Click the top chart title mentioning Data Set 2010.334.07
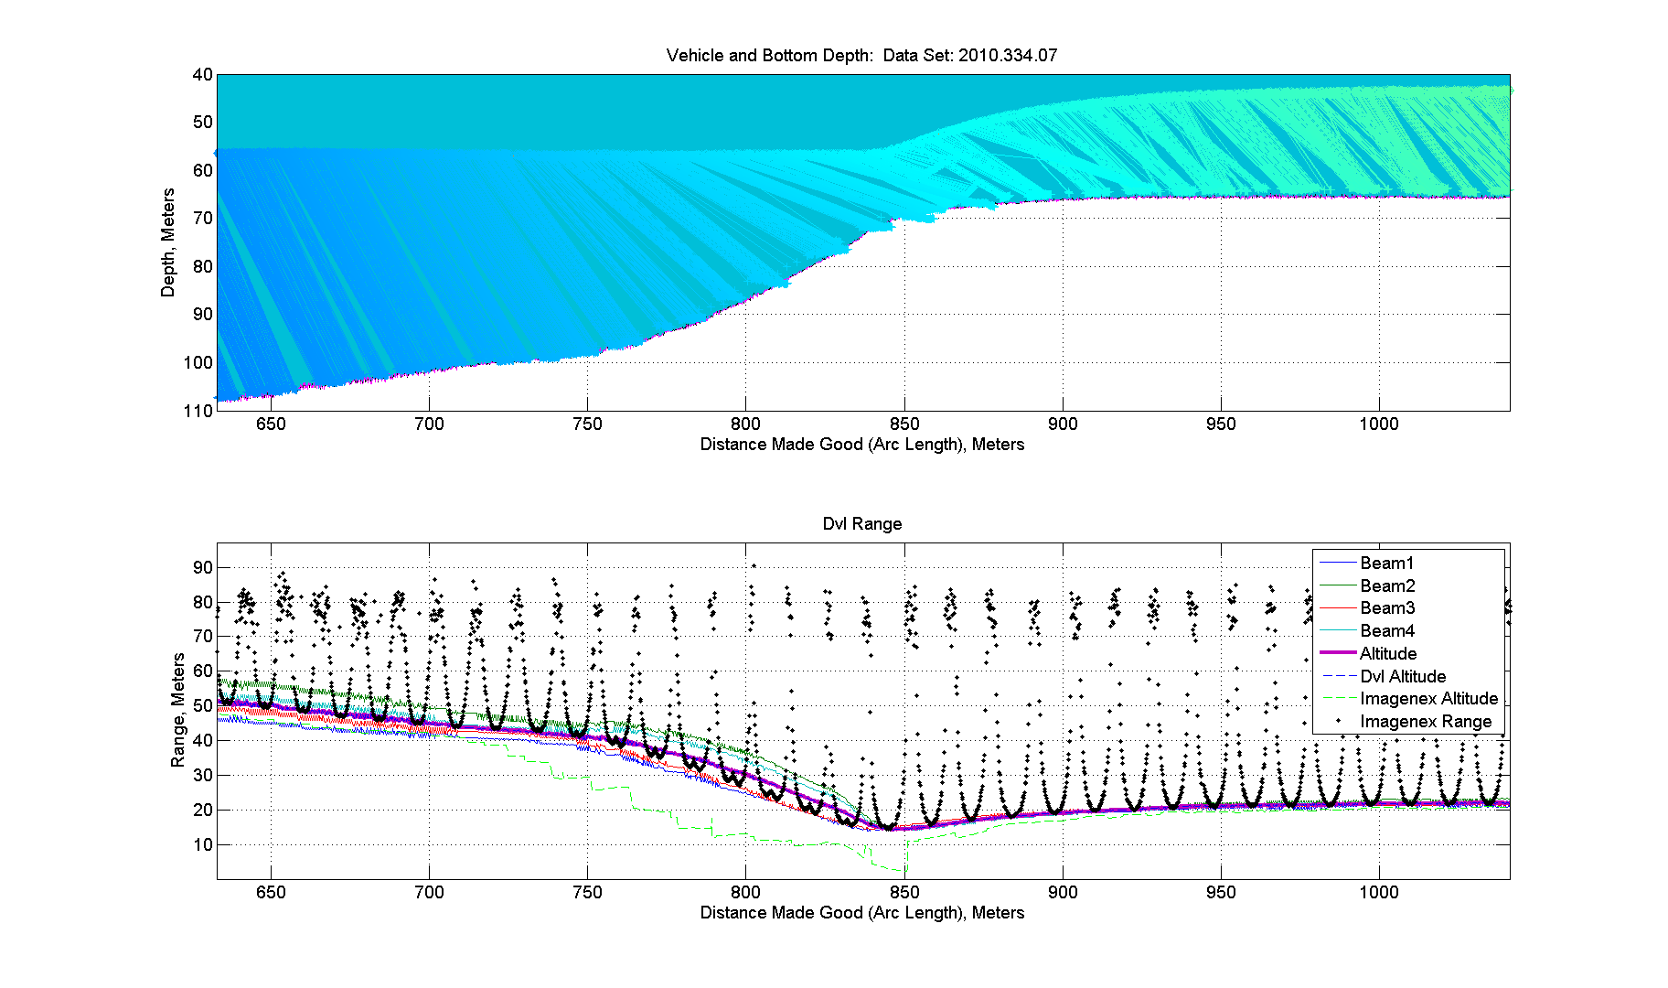[x=861, y=55]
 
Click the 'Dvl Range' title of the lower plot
[x=862, y=523]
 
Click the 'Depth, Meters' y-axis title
[x=167, y=242]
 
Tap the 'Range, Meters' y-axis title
[x=177, y=710]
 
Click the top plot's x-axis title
[x=862, y=445]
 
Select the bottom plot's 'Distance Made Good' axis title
[x=862, y=913]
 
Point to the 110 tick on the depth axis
[x=198, y=411]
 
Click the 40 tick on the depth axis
[x=203, y=75]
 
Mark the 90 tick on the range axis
[x=203, y=567]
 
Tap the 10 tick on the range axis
[x=203, y=844]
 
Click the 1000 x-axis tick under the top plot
[x=1379, y=424]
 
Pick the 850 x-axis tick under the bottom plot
[x=904, y=893]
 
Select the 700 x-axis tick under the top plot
[x=429, y=424]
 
